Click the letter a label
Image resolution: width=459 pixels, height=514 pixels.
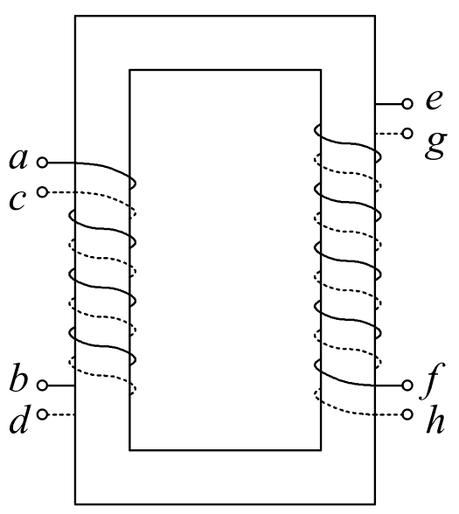pos(18,159)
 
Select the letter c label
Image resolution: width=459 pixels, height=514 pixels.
pos(17,199)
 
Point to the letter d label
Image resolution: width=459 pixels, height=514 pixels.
pos(18,420)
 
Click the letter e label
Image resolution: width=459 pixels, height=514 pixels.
pos(434,100)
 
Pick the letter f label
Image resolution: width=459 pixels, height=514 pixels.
pos(432,381)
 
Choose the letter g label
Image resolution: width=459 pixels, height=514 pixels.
pos(435,145)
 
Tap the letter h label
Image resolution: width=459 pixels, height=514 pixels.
pos(435,420)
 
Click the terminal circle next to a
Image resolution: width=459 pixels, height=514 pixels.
pos(42,163)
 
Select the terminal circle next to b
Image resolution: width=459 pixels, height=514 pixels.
pos(42,385)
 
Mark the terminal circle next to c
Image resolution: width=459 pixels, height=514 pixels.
pos(42,192)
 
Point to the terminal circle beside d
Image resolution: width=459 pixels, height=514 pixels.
pos(42,414)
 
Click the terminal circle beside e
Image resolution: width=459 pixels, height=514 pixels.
pos(407,104)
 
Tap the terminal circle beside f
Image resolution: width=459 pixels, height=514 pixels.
pos(407,385)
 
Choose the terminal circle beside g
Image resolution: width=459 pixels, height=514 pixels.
pos(407,134)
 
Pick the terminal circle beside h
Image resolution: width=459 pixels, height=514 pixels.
pos(407,414)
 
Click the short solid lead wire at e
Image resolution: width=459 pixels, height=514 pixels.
pos(389,104)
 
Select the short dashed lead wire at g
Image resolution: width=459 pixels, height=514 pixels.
pos(389,134)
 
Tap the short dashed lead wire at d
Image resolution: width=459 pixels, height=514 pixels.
pos(61,414)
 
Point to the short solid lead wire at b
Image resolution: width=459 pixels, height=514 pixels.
pos(61,385)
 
